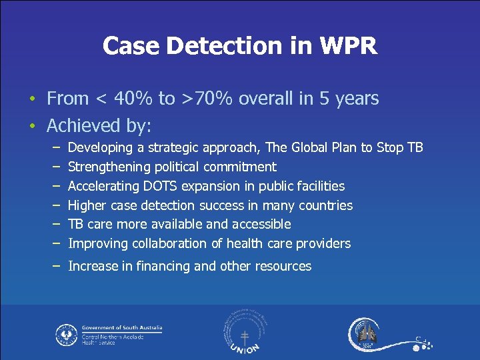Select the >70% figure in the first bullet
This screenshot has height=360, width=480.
point(207,99)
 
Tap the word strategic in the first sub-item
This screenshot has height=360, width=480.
point(169,147)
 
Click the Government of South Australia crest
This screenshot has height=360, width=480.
point(66,335)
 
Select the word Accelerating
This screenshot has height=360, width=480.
point(103,186)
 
